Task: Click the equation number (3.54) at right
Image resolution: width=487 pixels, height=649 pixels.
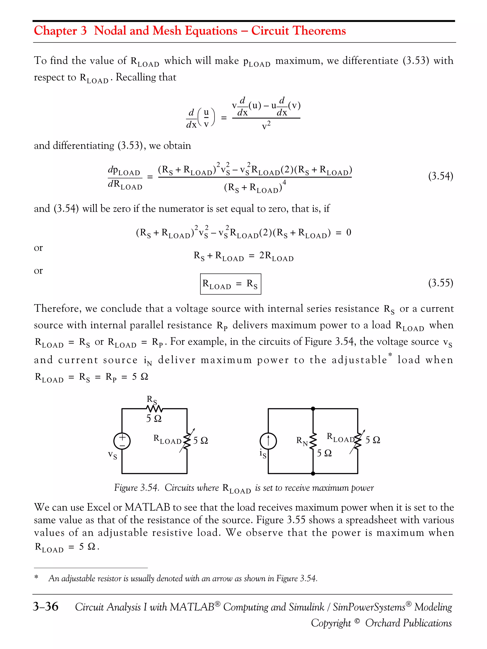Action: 440,176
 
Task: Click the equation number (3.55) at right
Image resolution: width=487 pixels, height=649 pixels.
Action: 440,283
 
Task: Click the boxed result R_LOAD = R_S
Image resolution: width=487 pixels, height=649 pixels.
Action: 230,284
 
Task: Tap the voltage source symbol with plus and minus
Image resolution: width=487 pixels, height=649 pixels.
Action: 122,441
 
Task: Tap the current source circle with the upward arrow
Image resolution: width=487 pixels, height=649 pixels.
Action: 268,441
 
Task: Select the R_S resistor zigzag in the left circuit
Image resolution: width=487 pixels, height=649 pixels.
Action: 154,409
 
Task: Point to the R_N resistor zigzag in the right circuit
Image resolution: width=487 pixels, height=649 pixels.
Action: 313,440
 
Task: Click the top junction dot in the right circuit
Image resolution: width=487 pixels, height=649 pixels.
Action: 313,409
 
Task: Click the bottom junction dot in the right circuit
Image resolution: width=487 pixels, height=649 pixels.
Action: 313,473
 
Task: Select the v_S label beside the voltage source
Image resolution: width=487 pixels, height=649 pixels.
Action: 112,455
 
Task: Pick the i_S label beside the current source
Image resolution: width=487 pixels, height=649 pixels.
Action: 263,454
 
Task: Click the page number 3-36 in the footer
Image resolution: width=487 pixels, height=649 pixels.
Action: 45,606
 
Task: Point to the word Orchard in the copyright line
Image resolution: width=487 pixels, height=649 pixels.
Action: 381,623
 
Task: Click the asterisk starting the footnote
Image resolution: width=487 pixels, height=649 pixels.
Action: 36,577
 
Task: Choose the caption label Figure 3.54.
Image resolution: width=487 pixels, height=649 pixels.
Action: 136,488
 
